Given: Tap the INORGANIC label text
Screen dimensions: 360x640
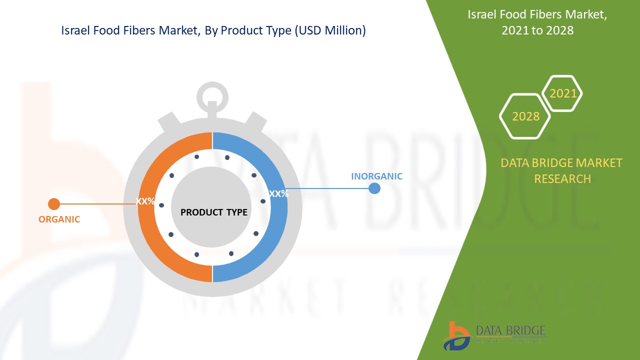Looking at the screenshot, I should coord(376,176).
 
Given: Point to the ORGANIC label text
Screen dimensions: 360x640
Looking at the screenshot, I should coord(59,219).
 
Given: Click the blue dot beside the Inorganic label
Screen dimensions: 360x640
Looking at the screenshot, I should coord(374,188).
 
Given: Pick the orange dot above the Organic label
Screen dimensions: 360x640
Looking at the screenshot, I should coord(54,204).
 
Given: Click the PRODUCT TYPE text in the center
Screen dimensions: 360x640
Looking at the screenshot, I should coord(213,212).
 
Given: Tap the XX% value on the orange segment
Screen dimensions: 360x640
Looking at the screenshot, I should coord(145,201).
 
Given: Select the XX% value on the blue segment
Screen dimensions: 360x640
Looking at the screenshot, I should coord(278,193).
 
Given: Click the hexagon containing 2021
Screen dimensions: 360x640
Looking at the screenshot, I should coord(562,93).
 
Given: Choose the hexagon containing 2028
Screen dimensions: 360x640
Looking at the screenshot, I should coord(525,116).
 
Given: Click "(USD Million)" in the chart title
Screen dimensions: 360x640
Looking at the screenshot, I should coord(330,30).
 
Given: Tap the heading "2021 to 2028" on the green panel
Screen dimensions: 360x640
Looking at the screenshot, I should coord(537,30).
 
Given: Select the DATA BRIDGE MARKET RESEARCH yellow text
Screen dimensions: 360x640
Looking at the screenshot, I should coord(562,170).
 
